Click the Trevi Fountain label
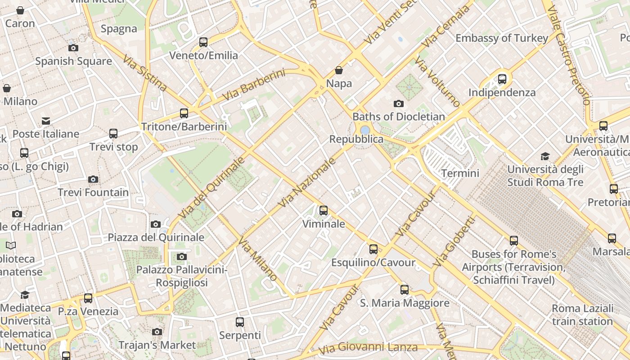click(93, 193)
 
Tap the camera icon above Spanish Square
click(73, 48)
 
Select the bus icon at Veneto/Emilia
click(203, 42)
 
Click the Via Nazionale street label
click(307, 182)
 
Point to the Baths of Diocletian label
click(398, 117)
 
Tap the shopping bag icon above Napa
click(339, 70)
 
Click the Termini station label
click(460, 173)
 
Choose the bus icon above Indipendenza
click(502, 79)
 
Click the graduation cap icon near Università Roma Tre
click(545, 156)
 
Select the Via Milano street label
click(258, 259)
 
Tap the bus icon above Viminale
click(323, 210)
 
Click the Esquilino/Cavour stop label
click(373, 262)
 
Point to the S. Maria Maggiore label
click(405, 303)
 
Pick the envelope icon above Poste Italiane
click(46, 121)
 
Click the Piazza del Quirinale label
click(156, 237)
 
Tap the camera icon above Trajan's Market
click(157, 332)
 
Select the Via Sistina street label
click(145, 73)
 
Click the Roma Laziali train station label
click(582, 315)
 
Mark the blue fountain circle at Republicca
click(365, 130)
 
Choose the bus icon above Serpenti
click(240, 322)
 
